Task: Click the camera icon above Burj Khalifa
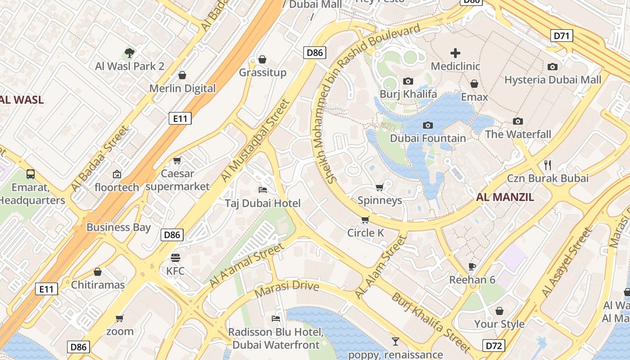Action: point(408,81)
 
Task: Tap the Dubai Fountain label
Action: point(427,138)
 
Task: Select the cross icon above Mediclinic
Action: point(455,53)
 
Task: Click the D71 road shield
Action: point(562,36)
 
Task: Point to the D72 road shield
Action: point(494,346)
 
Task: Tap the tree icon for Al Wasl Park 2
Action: point(130,53)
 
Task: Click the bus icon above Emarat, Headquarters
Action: point(31,174)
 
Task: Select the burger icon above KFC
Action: point(175,258)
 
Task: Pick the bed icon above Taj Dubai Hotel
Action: point(263,189)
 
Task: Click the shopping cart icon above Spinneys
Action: point(380,187)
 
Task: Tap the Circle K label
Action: point(365,233)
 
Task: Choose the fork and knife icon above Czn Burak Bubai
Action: point(548,165)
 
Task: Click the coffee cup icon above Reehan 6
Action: point(472,266)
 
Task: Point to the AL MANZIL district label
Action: point(505,197)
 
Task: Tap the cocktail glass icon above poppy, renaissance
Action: point(396,342)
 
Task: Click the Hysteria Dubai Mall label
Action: point(553,80)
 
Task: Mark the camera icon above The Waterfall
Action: point(518,121)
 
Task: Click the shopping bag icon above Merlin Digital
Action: point(182,75)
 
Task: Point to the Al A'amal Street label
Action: point(247,265)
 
